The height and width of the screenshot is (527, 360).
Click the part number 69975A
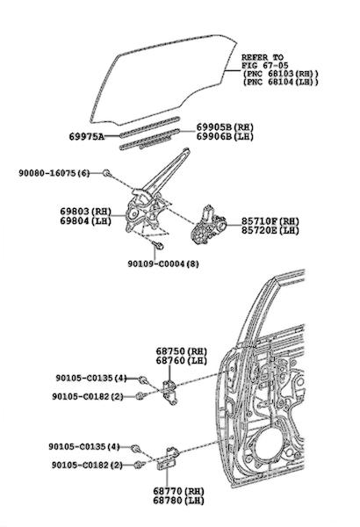point(86,136)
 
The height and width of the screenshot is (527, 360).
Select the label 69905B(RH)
point(225,127)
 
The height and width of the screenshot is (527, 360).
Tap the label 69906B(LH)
point(225,136)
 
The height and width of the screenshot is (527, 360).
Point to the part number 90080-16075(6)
point(54,173)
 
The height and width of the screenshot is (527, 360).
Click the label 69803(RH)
point(86,212)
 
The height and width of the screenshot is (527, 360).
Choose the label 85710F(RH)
point(270,221)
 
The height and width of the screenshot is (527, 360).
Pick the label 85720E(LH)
point(270,230)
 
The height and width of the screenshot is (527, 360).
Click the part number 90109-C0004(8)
point(163,263)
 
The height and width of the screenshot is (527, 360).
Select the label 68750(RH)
point(182,350)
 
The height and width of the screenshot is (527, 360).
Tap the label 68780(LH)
point(179,500)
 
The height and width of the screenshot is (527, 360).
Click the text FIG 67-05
point(260,65)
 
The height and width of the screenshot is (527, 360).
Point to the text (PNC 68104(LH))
point(280,82)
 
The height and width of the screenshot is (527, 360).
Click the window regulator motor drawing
point(208,225)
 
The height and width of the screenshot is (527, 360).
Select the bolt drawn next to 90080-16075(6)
point(106,173)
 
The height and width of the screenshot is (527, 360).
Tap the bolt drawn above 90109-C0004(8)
point(158,245)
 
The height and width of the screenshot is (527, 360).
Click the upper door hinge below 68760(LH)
point(169,393)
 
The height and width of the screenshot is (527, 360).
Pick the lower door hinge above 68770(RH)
point(168,458)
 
